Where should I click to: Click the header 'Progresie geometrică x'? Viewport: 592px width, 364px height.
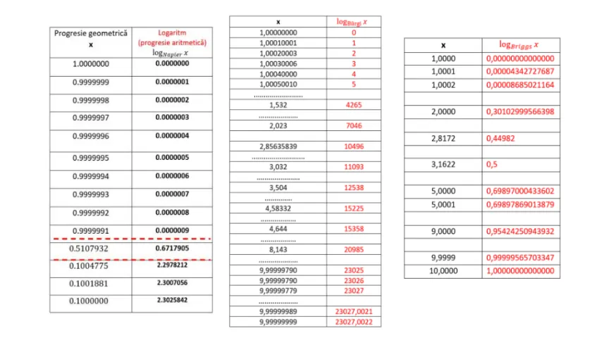pos(90,38)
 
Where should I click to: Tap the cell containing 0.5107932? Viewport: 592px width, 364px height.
pos(90,249)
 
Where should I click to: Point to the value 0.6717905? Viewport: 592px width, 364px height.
pos(173,249)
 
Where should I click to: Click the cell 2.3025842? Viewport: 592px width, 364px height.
pos(173,301)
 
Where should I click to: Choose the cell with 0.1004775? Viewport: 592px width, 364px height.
pos(90,266)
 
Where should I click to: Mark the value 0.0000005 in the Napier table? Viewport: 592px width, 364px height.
pos(173,158)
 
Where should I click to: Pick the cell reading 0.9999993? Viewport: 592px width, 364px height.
pos(90,194)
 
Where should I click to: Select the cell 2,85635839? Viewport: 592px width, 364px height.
pos(278,146)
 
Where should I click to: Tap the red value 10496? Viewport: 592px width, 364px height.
pos(354,146)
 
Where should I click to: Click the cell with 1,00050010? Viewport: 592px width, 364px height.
pos(278,84)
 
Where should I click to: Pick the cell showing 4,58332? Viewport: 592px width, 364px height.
pos(278,208)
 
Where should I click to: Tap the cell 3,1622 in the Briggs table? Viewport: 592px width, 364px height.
pos(443,164)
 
